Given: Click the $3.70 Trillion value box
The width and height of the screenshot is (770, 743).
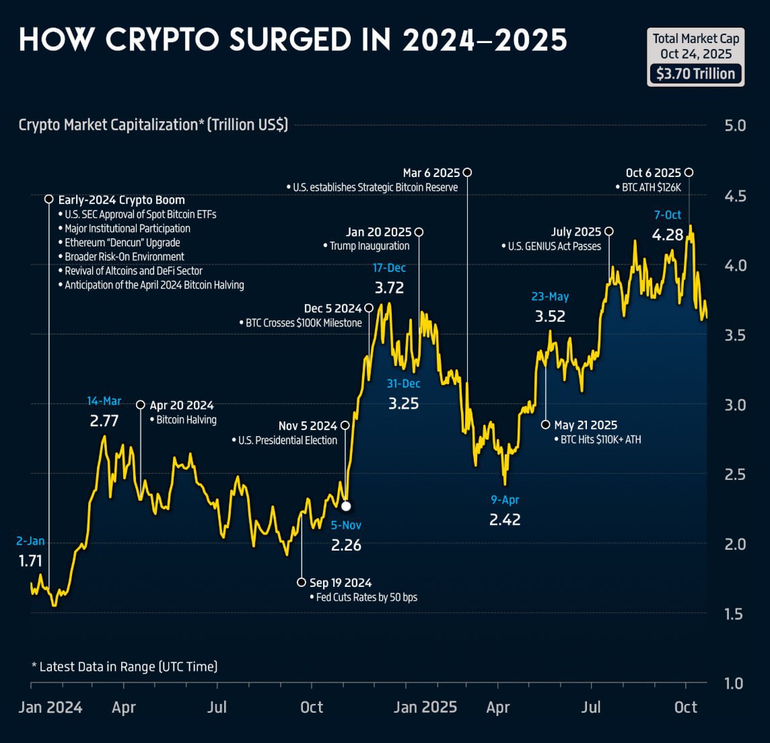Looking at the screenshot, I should (695, 73).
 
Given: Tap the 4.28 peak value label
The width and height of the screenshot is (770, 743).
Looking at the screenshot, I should (668, 235).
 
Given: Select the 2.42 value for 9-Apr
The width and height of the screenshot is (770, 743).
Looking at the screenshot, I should (505, 520).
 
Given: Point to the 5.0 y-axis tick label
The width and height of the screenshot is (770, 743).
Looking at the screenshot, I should (735, 126).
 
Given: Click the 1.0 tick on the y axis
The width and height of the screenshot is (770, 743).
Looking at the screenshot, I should (734, 684).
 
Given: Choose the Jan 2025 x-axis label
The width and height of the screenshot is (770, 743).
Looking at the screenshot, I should (425, 707).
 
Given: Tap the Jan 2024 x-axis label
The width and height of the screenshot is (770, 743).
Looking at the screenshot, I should (50, 707).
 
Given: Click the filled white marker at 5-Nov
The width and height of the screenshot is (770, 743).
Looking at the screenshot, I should (346, 506).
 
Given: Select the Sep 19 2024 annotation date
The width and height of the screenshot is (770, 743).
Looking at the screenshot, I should (341, 583).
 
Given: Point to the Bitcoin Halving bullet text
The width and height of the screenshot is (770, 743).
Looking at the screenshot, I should (186, 420).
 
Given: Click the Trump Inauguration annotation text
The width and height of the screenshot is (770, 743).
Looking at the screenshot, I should (370, 246).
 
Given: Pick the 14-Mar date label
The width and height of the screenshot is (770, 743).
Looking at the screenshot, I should (104, 401).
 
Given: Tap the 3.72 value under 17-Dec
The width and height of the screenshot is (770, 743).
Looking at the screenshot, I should (389, 288).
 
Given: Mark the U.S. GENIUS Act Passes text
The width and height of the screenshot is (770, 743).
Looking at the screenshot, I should (555, 246).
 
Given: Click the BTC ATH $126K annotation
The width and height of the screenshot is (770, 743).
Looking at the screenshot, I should (651, 188).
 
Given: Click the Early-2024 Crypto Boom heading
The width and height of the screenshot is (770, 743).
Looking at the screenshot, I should (121, 200).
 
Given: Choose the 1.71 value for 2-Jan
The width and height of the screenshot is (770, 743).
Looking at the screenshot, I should (30, 561).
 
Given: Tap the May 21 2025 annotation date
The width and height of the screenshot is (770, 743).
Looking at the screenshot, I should (586, 425).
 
